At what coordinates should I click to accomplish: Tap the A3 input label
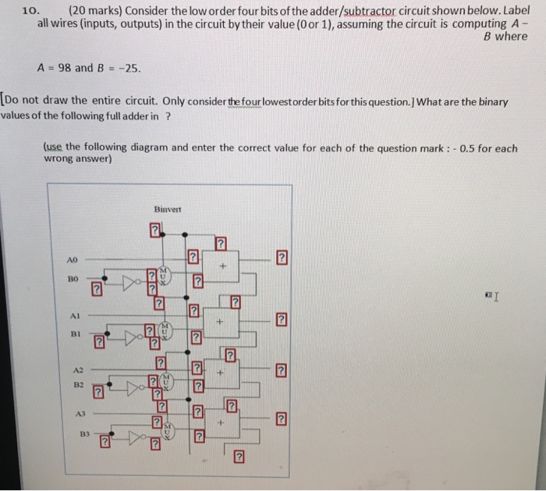point(78,415)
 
